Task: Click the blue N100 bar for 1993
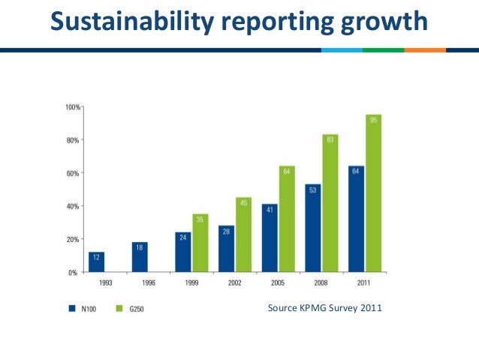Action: pyautogui.click(x=97, y=262)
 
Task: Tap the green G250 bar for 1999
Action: pyautogui.click(x=200, y=243)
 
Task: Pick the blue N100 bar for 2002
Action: pyautogui.click(x=227, y=249)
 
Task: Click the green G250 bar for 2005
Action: pyautogui.click(x=287, y=219)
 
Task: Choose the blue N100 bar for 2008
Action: pyautogui.click(x=313, y=228)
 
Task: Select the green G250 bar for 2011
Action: pyautogui.click(x=374, y=193)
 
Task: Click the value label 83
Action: pyautogui.click(x=330, y=139)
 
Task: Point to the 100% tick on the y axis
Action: pyautogui.click(x=72, y=107)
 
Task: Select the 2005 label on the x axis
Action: pyautogui.click(x=278, y=283)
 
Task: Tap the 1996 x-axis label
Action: pyautogui.click(x=148, y=283)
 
